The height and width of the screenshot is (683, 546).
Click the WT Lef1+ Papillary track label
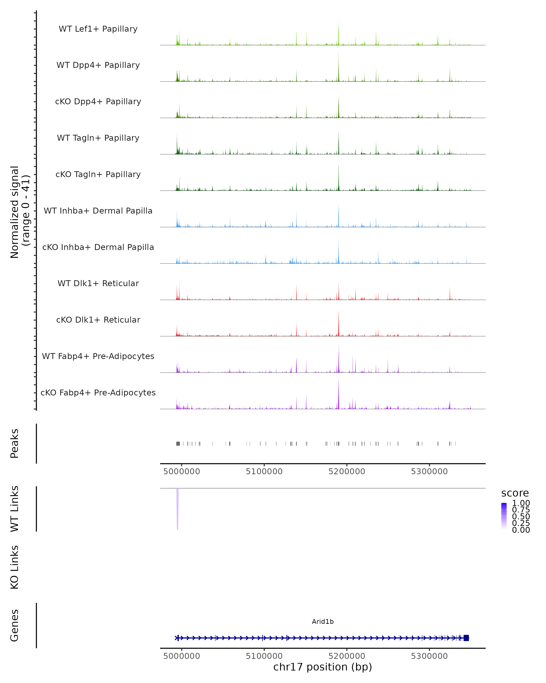tap(98, 29)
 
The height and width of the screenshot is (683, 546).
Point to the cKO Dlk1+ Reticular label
tap(98, 320)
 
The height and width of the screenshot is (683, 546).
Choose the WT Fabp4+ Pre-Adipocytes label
tap(98, 356)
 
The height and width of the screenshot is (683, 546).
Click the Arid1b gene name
tap(323, 622)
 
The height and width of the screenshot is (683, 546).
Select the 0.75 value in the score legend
tap(521, 510)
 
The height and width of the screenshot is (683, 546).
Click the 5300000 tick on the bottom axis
tap(429, 656)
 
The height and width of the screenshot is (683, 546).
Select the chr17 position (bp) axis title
tap(323, 667)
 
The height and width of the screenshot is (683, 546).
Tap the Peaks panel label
tap(15, 443)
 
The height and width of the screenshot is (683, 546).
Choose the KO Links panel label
tap(15, 567)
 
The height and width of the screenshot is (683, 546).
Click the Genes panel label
tap(15, 625)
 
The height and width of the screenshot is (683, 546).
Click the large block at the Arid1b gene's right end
tap(466, 638)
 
